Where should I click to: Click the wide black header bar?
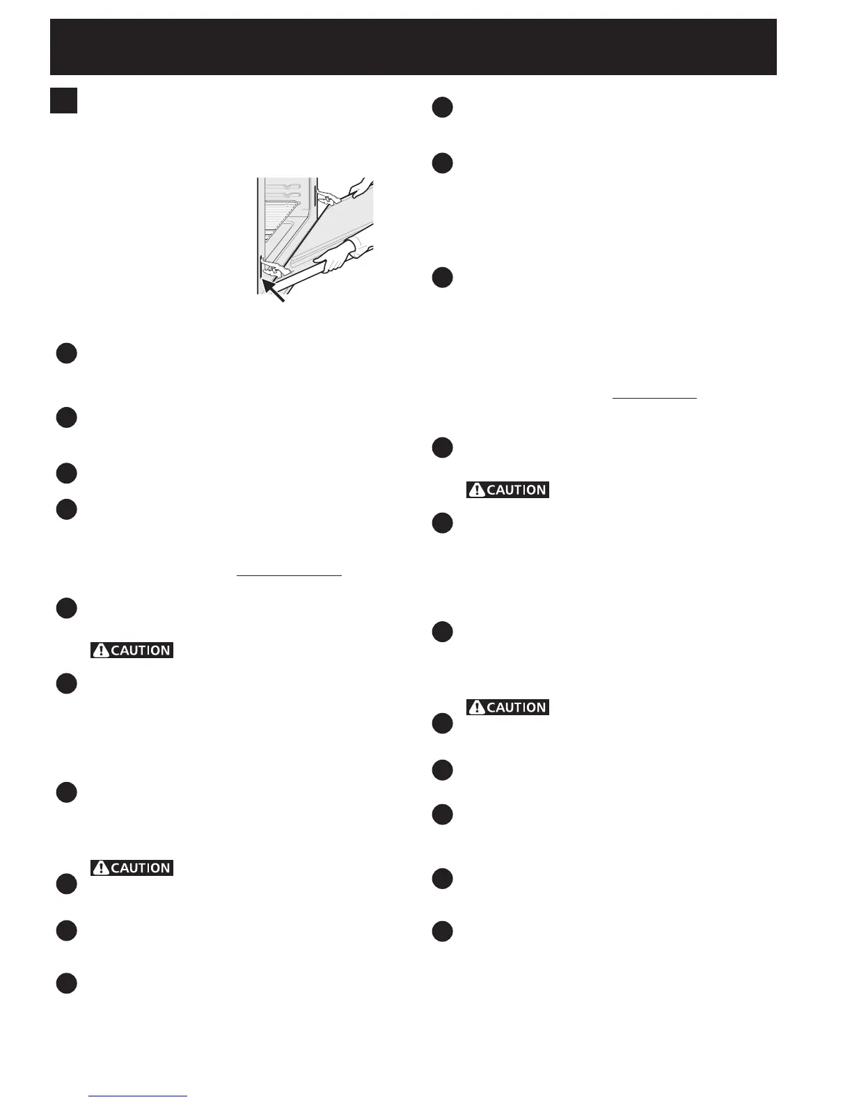413,47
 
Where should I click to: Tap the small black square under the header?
63,100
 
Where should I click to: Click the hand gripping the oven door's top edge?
358,187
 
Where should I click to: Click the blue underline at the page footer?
138,1096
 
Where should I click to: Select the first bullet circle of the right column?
442,108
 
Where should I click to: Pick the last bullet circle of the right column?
442,931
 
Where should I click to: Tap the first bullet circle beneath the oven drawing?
66,353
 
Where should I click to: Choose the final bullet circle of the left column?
66,983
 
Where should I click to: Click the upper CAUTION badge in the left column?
132,650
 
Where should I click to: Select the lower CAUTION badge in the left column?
132,868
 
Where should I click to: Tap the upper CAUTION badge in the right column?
507,490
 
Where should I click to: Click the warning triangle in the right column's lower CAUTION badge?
477,708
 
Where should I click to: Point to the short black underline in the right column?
654,398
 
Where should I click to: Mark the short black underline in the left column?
289,576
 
